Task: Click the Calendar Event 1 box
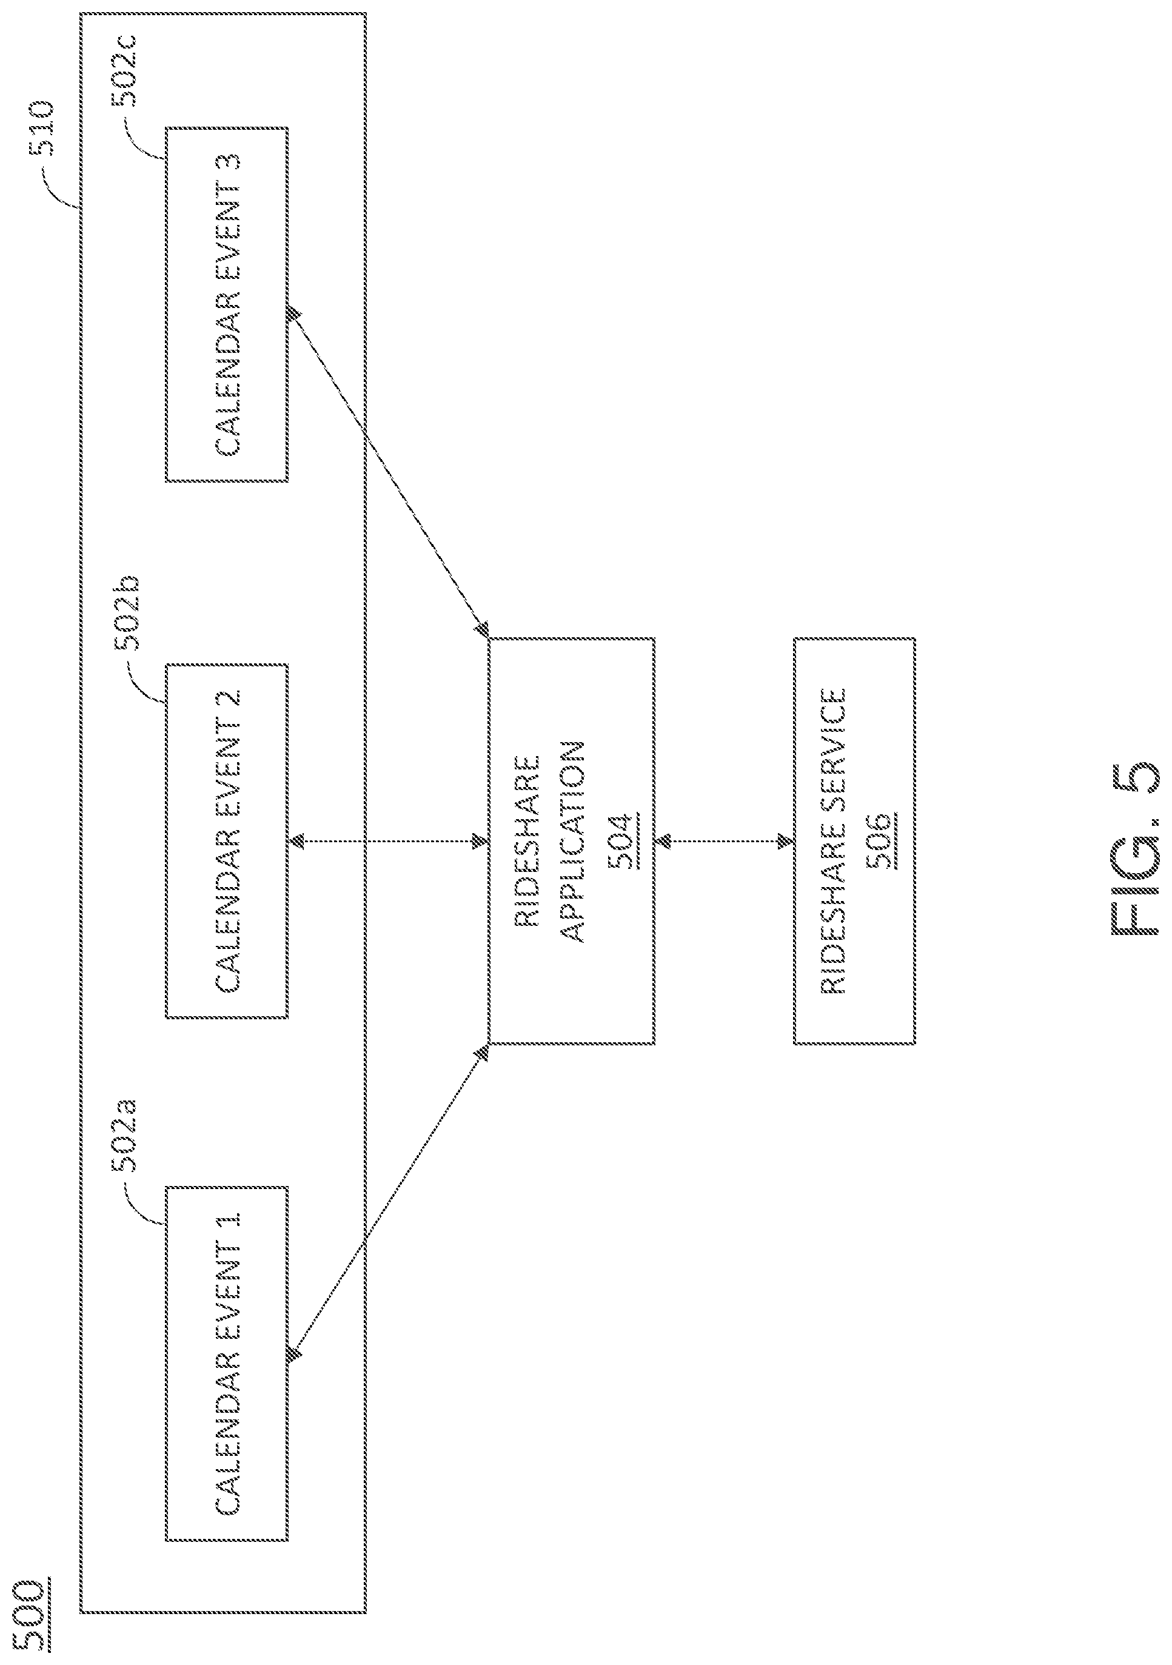click(226, 1363)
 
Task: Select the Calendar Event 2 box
click(226, 841)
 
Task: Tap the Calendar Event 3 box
click(226, 304)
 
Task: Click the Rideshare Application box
click(572, 841)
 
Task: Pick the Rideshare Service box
click(854, 841)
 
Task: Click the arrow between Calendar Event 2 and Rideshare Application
click(388, 841)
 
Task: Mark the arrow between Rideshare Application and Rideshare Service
click(724, 841)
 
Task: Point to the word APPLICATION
click(574, 841)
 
